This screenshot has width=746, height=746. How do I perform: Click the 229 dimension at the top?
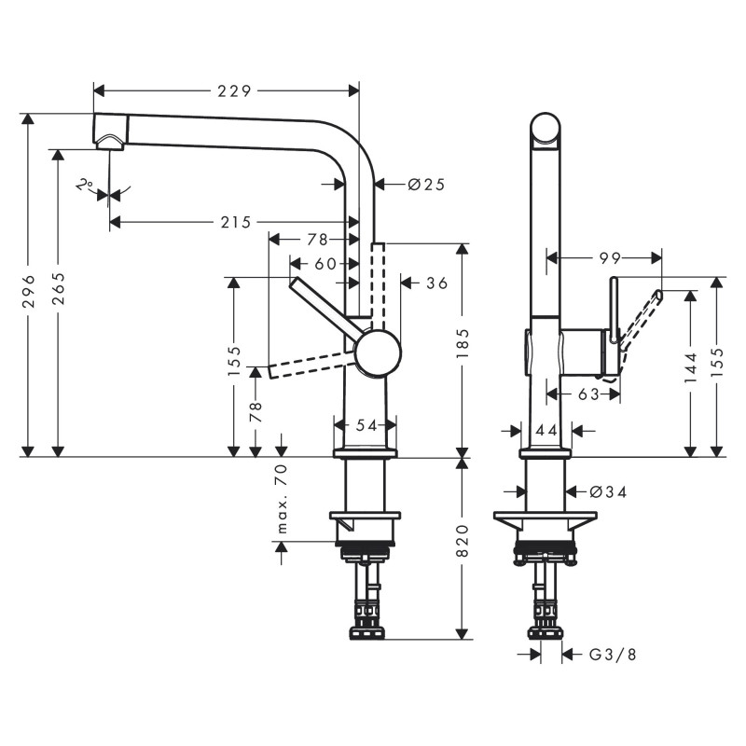click(235, 90)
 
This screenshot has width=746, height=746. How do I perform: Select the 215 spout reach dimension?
click(236, 222)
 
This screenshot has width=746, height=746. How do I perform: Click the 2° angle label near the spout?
click(85, 185)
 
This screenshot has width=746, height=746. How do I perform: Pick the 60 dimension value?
click(325, 264)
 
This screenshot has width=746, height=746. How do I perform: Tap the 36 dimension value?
click(436, 283)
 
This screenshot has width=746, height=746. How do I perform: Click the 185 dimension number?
click(463, 346)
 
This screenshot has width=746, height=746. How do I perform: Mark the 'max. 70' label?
click(282, 500)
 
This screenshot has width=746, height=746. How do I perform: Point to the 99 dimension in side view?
click(611, 256)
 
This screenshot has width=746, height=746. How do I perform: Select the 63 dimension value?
click(588, 394)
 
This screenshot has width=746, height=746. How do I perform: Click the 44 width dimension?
click(546, 430)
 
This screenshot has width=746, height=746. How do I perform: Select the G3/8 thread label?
click(613, 655)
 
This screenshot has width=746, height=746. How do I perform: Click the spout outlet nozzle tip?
click(110, 142)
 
